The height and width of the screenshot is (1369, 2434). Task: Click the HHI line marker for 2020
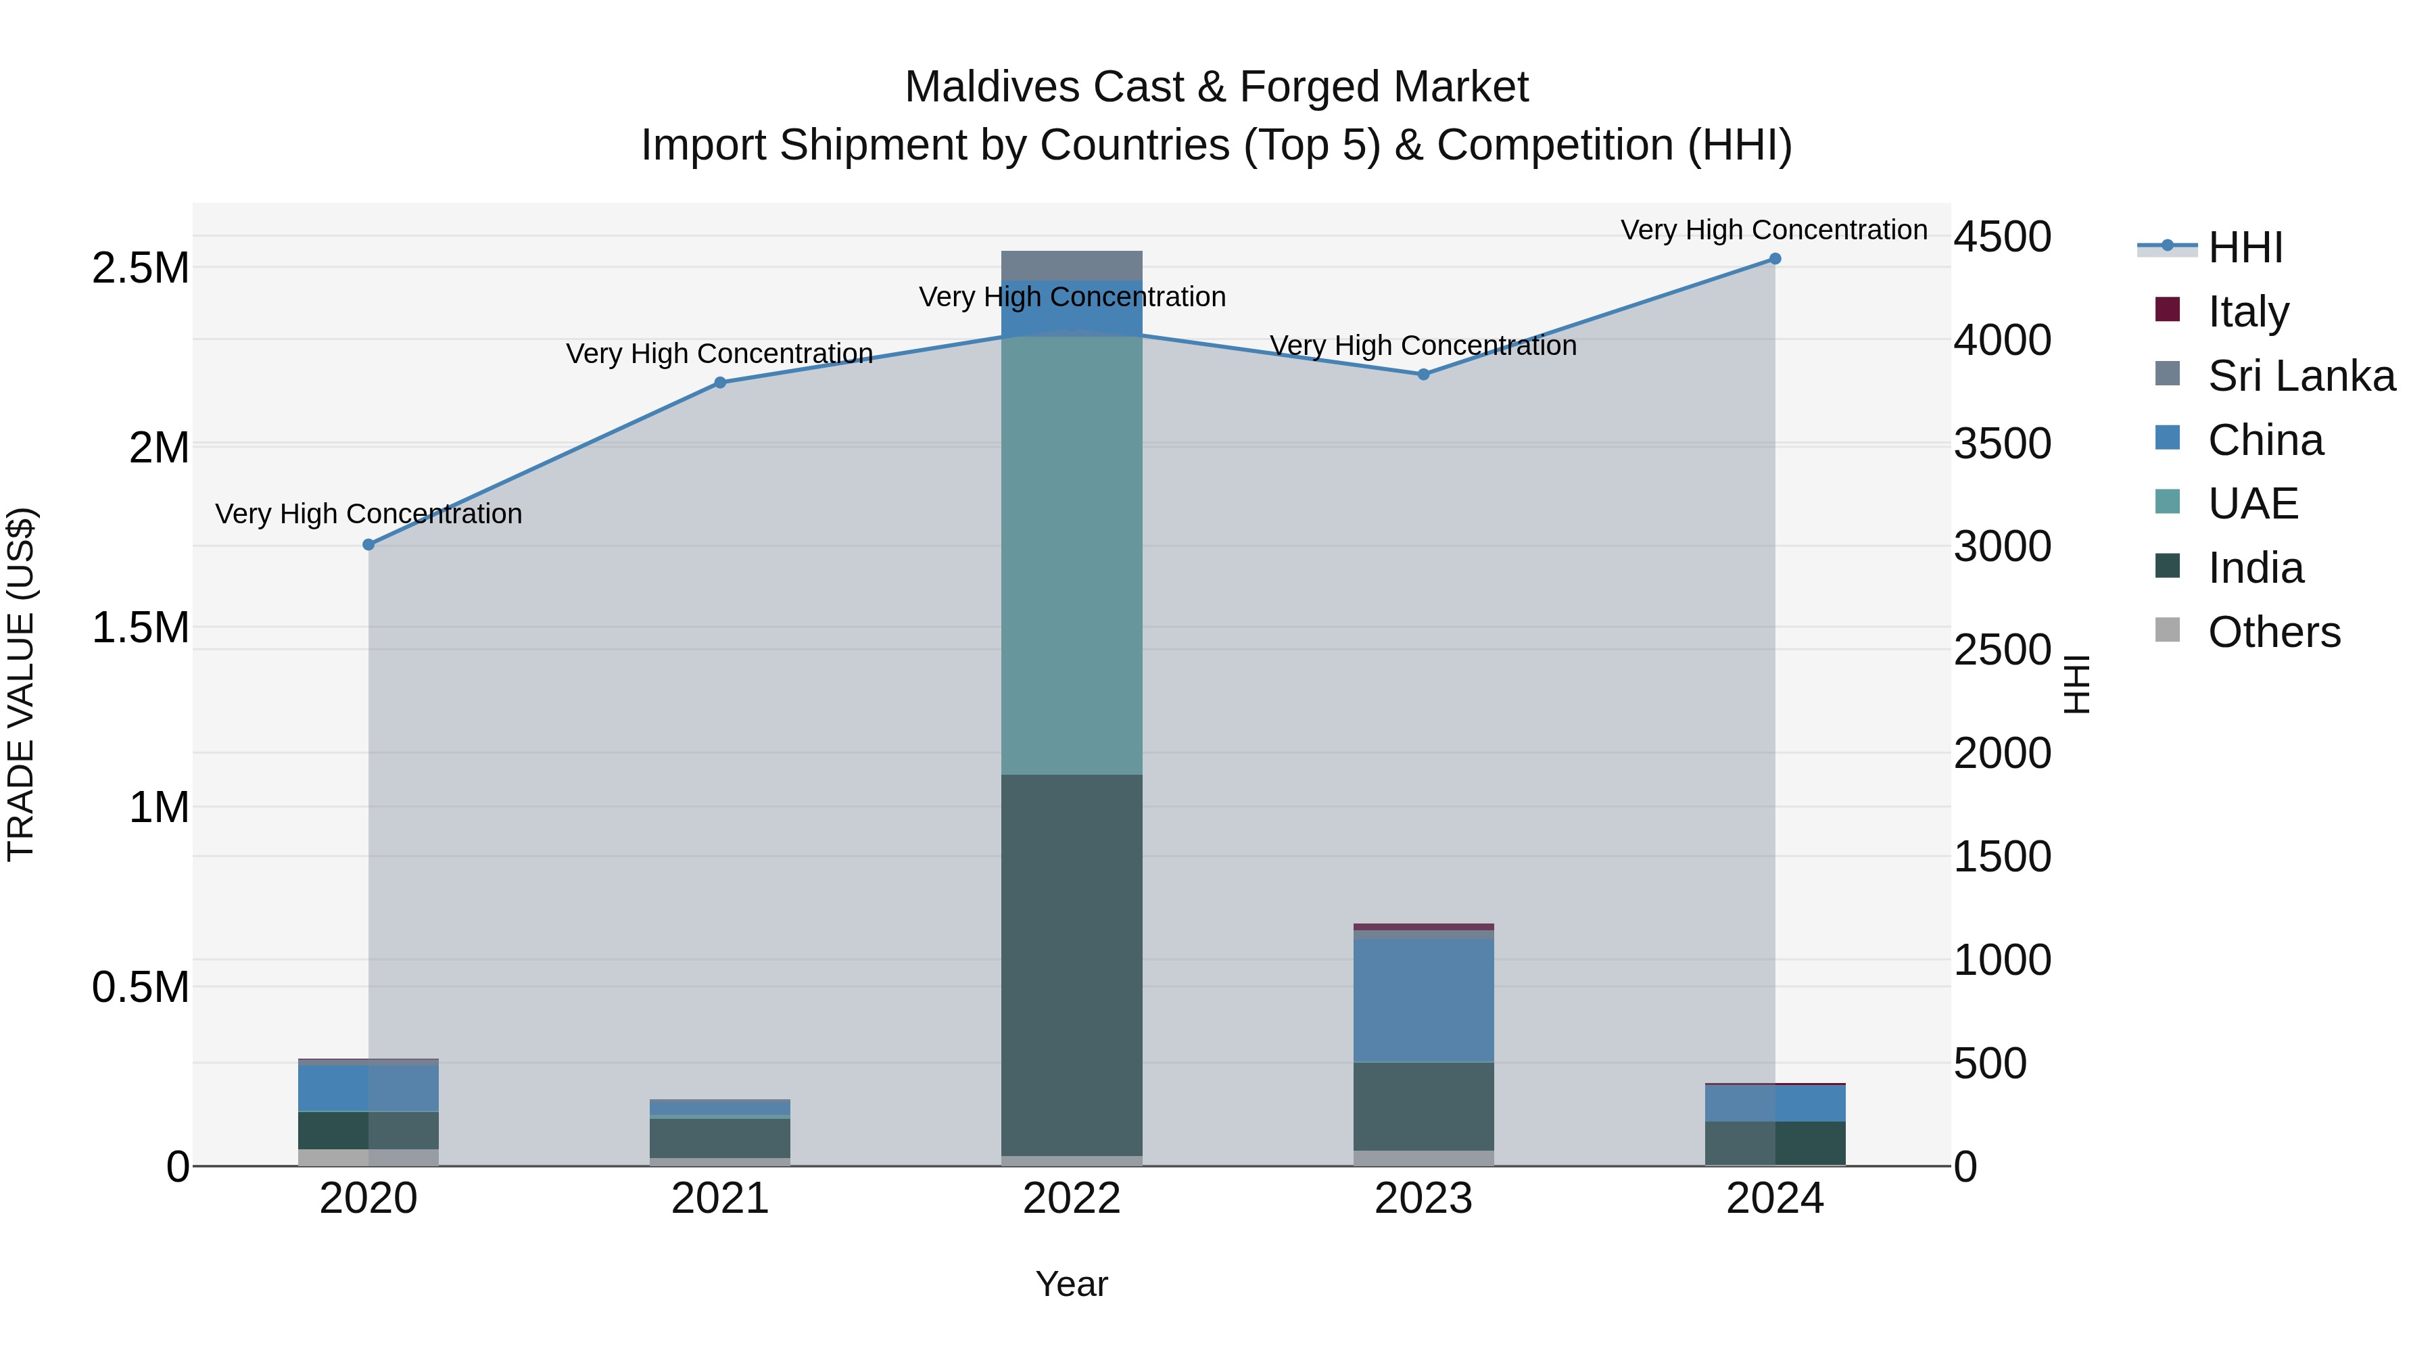[x=368, y=545]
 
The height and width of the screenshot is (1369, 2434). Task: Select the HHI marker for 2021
[x=720, y=383]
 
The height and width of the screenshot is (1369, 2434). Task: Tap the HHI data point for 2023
[x=1424, y=374]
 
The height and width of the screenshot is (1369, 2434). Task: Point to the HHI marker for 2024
[x=1775, y=259]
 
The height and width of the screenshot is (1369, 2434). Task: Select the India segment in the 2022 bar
[x=1072, y=963]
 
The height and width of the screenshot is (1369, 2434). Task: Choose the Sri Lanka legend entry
[x=2300, y=375]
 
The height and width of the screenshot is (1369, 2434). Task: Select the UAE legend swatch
[x=2168, y=502]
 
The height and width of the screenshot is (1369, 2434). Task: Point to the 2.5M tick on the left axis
[x=140, y=268]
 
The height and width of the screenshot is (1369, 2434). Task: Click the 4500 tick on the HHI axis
[x=2002, y=237]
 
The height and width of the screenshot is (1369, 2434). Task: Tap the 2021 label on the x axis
[x=720, y=1199]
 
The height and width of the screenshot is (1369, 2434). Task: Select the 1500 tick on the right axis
[x=2002, y=857]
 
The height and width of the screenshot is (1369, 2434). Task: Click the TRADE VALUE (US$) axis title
[x=21, y=684]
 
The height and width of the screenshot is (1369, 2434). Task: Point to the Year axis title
[x=1072, y=1284]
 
